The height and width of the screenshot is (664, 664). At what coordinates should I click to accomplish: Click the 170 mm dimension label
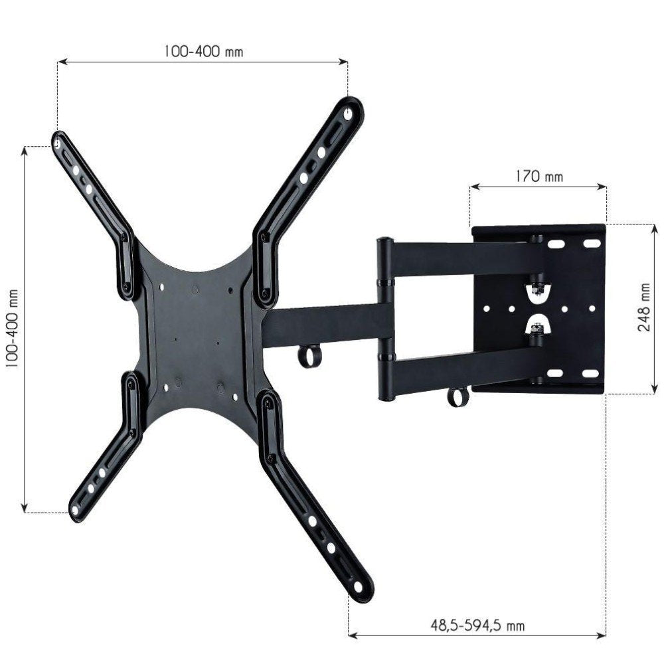539,177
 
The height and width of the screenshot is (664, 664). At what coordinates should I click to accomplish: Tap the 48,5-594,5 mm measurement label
477,624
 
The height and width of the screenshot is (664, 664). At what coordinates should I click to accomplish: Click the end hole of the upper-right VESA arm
347,114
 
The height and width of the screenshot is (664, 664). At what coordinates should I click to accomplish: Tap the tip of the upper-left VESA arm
58,142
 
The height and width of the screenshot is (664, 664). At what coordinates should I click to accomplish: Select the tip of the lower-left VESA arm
75,510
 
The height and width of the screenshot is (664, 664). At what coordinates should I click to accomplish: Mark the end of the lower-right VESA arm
359,587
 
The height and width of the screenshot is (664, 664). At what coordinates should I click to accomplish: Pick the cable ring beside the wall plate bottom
457,396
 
